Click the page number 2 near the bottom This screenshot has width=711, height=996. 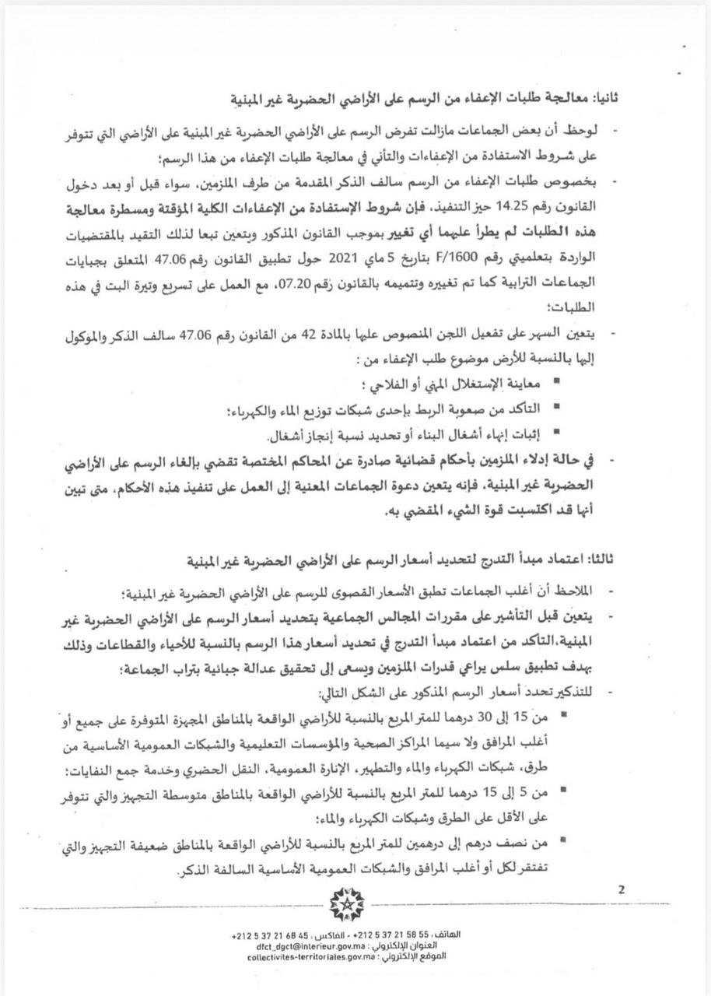point(621,890)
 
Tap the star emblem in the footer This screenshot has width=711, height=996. point(341,904)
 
